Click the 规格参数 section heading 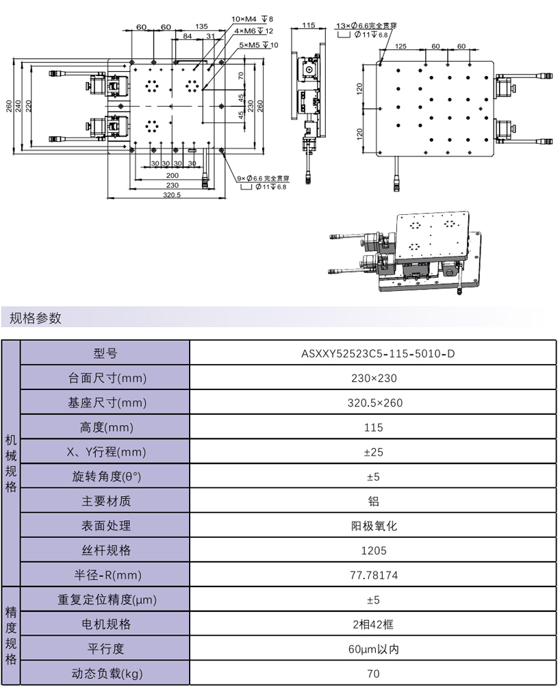coord(36,318)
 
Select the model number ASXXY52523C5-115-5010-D coord(372,354)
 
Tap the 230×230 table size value coord(372,378)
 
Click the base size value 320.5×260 coord(372,403)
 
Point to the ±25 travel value coord(372,452)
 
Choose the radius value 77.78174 coord(372,575)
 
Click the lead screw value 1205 coord(372,550)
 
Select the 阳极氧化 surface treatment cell coord(372,526)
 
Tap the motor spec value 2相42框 coord(372,624)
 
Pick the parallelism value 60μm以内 coord(372,649)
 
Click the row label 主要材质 coord(105,501)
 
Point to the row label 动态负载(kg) coord(105,673)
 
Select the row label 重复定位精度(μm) coord(105,600)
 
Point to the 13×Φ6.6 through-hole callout coord(366,25)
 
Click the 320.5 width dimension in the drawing coord(171,195)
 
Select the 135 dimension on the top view coord(201,26)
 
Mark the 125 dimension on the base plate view coord(401,46)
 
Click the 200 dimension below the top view coord(172,175)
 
